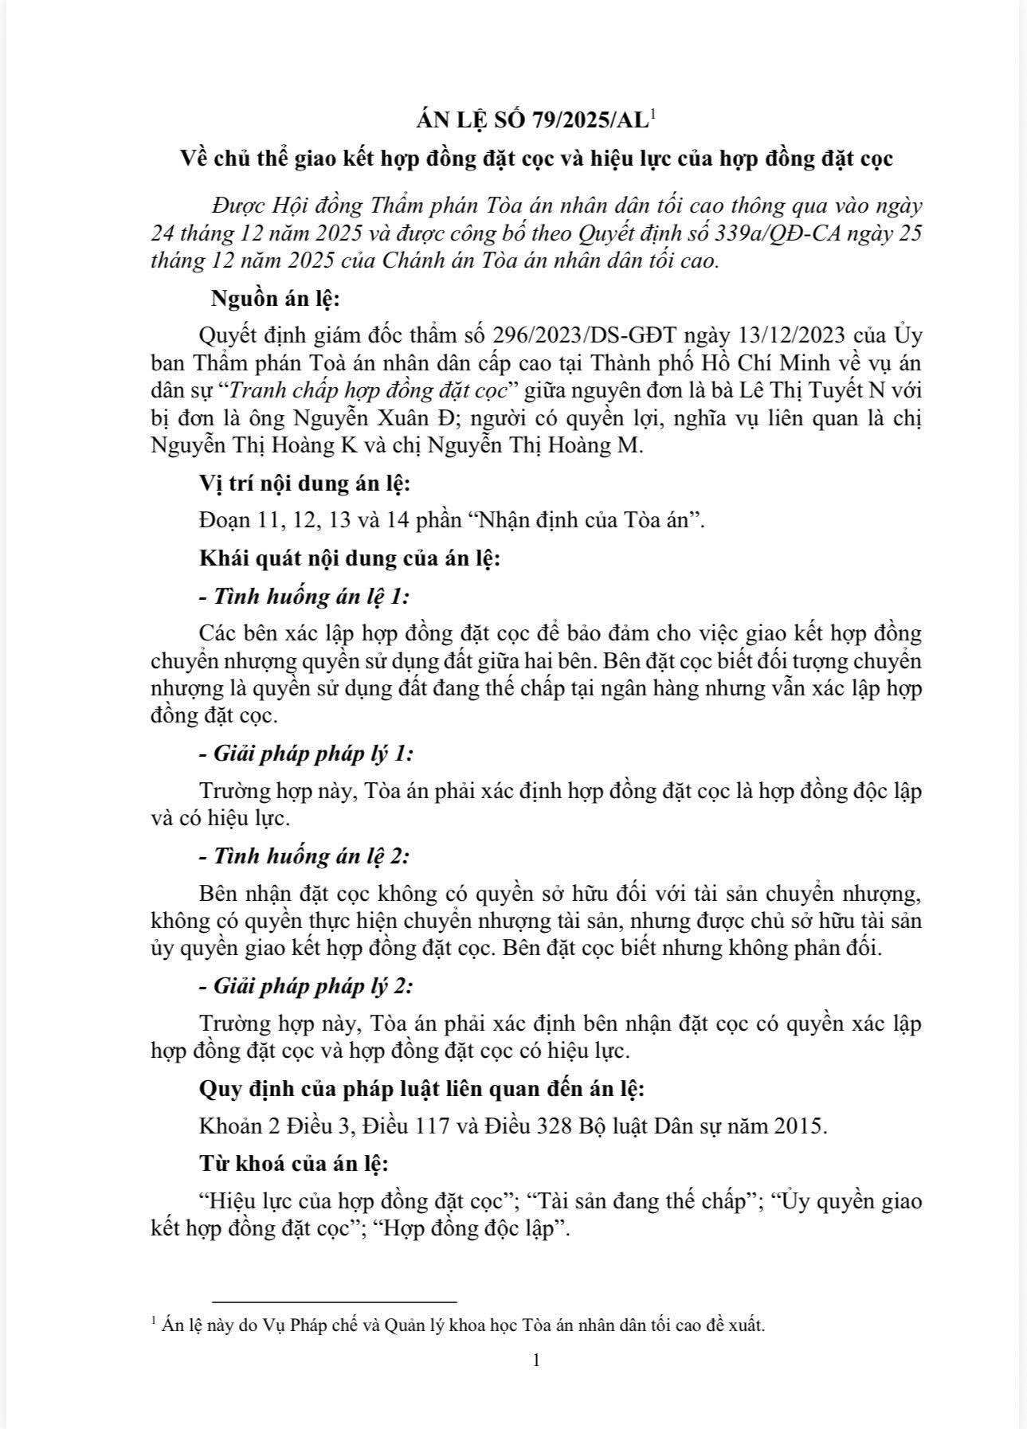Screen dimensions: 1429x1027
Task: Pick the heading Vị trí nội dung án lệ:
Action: coord(305,483)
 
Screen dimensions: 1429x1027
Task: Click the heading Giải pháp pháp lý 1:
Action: coord(313,754)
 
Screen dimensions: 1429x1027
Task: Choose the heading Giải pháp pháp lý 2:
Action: coord(313,986)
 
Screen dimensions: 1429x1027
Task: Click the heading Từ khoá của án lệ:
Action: coord(294,1164)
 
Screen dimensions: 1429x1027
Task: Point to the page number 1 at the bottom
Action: coord(536,1360)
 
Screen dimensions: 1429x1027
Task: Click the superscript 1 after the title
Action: coord(653,115)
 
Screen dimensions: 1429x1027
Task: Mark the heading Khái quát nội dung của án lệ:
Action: coord(350,558)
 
